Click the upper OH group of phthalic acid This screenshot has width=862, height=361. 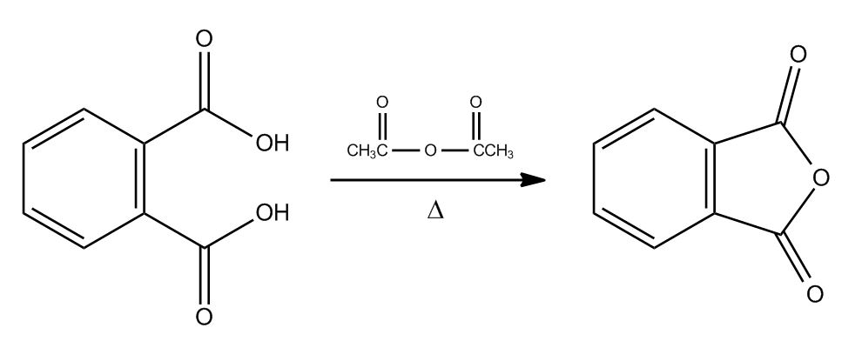pyautogui.click(x=273, y=144)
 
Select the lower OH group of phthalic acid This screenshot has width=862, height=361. pyautogui.click(x=273, y=212)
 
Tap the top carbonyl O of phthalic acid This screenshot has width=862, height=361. pyautogui.click(x=204, y=39)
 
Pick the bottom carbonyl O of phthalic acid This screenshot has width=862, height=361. pyautogui.click(x=204, y=317)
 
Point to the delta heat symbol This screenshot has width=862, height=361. pyautogui.click(x=434, y=211)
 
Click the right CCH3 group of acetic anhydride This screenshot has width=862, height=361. pyautogui.click(x=493, y=150)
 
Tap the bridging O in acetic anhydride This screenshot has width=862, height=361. pyautogui.click(x=430, y=150)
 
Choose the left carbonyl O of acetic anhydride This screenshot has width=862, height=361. pyautogui.click(x=382, y=102)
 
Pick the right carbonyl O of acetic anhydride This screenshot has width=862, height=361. pyautogui.click(x=476, y=102)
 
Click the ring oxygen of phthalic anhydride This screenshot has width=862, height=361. pyautogui.click(x=820, y=178)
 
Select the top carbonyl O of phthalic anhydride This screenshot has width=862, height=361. pyautogui.click(x=798, y=55)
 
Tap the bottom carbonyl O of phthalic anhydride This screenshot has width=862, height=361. pyautogui.click(x=815, y=294)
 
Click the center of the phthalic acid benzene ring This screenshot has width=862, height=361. pyautogui.click(x=84, y=178)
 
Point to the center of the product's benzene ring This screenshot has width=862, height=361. pyautogui.click(x=654, y=178)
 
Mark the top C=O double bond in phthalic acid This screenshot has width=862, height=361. pyautogui.click(x=204, y=81)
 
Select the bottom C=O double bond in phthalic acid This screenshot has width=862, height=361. pyautogui.click(x=204, y=276)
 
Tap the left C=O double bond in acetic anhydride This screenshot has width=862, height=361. pyautogui.click(x=382, y=127)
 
